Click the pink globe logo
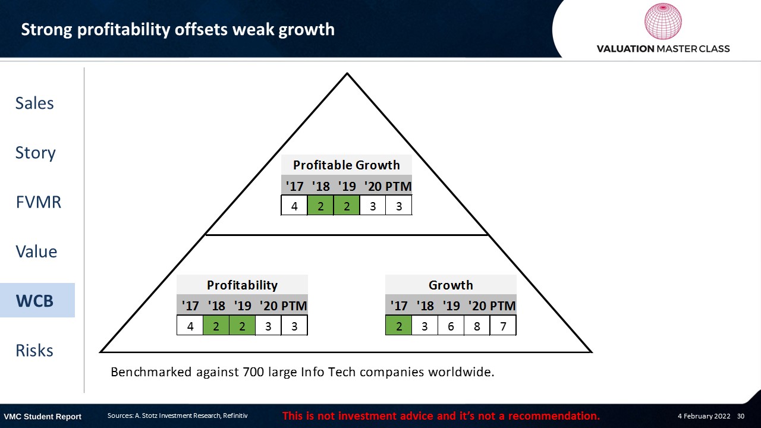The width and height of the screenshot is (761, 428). tap(663, 21)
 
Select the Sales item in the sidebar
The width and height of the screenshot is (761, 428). tap(34, 103)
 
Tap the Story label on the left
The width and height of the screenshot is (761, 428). tap(35, 153)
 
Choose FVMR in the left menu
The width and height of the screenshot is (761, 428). tap(39, 202)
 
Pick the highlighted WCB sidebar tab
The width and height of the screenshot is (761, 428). tap(37, 300)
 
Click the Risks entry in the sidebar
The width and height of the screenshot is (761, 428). tap(34, 350)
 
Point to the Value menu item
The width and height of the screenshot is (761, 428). tap(36, 251)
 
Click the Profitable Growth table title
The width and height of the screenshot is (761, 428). tap(347, 165)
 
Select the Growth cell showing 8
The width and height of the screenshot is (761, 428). tap(477, 326)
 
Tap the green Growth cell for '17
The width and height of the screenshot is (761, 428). tap(398, 326)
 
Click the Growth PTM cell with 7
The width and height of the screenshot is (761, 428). tap(503, 326)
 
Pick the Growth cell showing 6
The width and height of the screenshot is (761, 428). tap(451, 326)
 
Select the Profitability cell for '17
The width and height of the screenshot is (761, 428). tap(190, 326)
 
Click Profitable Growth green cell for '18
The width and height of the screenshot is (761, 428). tap(320, 206)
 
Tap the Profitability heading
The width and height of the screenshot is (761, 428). tap(242, 285)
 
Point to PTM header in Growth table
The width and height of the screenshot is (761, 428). tap(503, 306)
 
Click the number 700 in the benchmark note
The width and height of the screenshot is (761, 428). tap(253, 372)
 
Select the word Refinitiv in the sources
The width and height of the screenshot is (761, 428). tap(235, 416)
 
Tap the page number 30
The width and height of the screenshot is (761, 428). tap(741, 416)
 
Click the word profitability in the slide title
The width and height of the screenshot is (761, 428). tap(123, 30)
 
